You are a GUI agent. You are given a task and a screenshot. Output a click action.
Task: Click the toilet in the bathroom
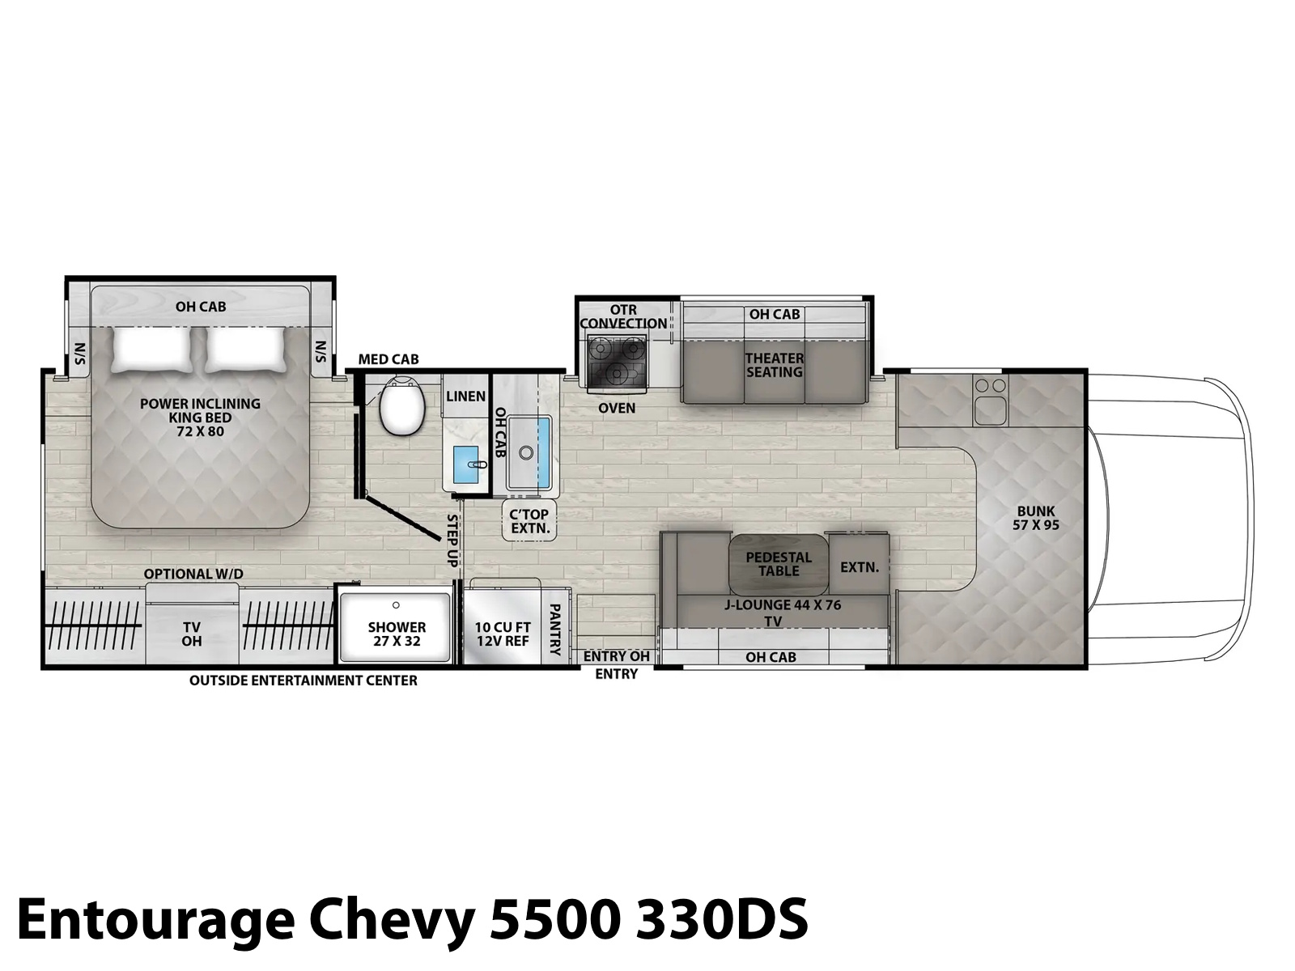401,406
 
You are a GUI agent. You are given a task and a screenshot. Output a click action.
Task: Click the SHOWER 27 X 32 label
397,634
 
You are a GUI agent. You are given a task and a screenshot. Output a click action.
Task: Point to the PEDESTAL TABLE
778,564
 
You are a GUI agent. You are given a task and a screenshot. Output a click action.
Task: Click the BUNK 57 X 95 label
1035,518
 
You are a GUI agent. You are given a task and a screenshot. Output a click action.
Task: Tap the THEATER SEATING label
774,365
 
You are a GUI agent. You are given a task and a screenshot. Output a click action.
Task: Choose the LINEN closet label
465,396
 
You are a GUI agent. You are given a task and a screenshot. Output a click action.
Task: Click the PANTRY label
554,630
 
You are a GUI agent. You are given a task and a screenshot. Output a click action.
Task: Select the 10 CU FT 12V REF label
503,634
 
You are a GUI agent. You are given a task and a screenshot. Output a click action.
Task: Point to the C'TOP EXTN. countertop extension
530,520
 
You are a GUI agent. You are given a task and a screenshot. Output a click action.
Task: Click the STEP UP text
452,541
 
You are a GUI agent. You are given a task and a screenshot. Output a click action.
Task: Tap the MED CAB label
388,359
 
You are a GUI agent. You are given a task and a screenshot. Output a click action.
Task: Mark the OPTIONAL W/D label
193,574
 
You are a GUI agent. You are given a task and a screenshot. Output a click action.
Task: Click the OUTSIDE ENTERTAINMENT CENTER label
304,681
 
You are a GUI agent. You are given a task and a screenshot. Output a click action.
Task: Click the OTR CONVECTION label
623,316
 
